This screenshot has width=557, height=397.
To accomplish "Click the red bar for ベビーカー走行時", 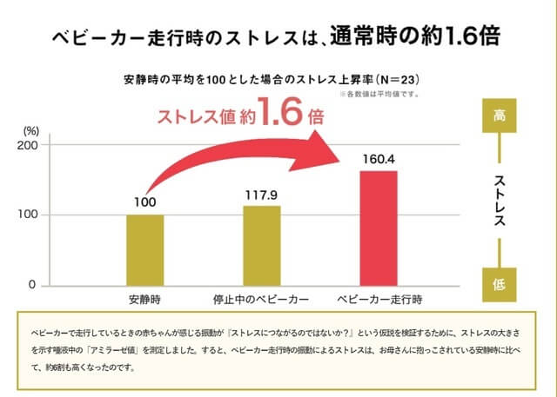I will click(x=378, y=228).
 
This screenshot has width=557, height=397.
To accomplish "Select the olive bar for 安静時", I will click(x=144, y=249).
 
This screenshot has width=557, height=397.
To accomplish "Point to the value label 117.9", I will click(x=261, y=195).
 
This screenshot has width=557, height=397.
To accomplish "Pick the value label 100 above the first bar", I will click(x=144, y=203).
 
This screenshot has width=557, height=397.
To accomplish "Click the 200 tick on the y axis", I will click(x=25, y=145).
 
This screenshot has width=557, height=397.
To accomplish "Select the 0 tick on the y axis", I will click(x=32, y=285).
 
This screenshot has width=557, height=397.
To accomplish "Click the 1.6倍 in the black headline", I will click(x=471, y=38).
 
